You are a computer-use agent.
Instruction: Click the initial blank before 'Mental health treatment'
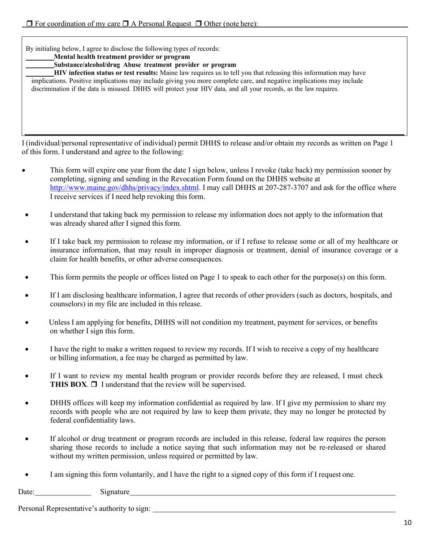click(x=39, y=57)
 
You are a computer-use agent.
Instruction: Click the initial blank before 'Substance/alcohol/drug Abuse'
click(x=39, y=65)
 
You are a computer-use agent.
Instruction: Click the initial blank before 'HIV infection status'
click(x=39, y=73)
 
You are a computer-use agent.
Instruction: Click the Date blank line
click(x=63, y=493)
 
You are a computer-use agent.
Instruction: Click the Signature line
click(x=262, y=493)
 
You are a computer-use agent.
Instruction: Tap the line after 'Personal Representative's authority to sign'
click(x=274, y=509)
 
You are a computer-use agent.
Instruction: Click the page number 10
click(x=407, y=522)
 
